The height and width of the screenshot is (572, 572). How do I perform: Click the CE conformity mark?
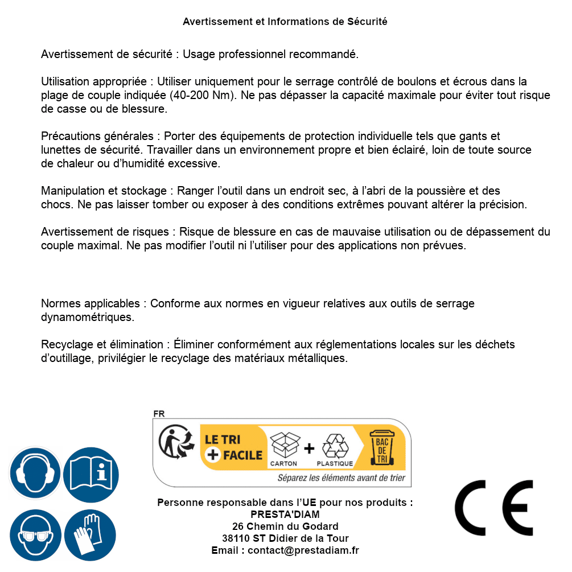(x=493, y=508)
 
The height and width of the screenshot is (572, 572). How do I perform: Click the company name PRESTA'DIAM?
(x=285, y=515)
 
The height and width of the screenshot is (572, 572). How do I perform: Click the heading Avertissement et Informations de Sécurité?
(x=285, y=22)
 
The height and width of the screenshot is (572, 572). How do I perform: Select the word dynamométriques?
(x=88, y=317)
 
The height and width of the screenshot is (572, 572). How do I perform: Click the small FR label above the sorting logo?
(x=159, y=414)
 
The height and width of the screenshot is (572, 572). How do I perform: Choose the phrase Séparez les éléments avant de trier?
(x=341, y=478)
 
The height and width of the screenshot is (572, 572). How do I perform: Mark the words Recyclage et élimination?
(x=102, y=344)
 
